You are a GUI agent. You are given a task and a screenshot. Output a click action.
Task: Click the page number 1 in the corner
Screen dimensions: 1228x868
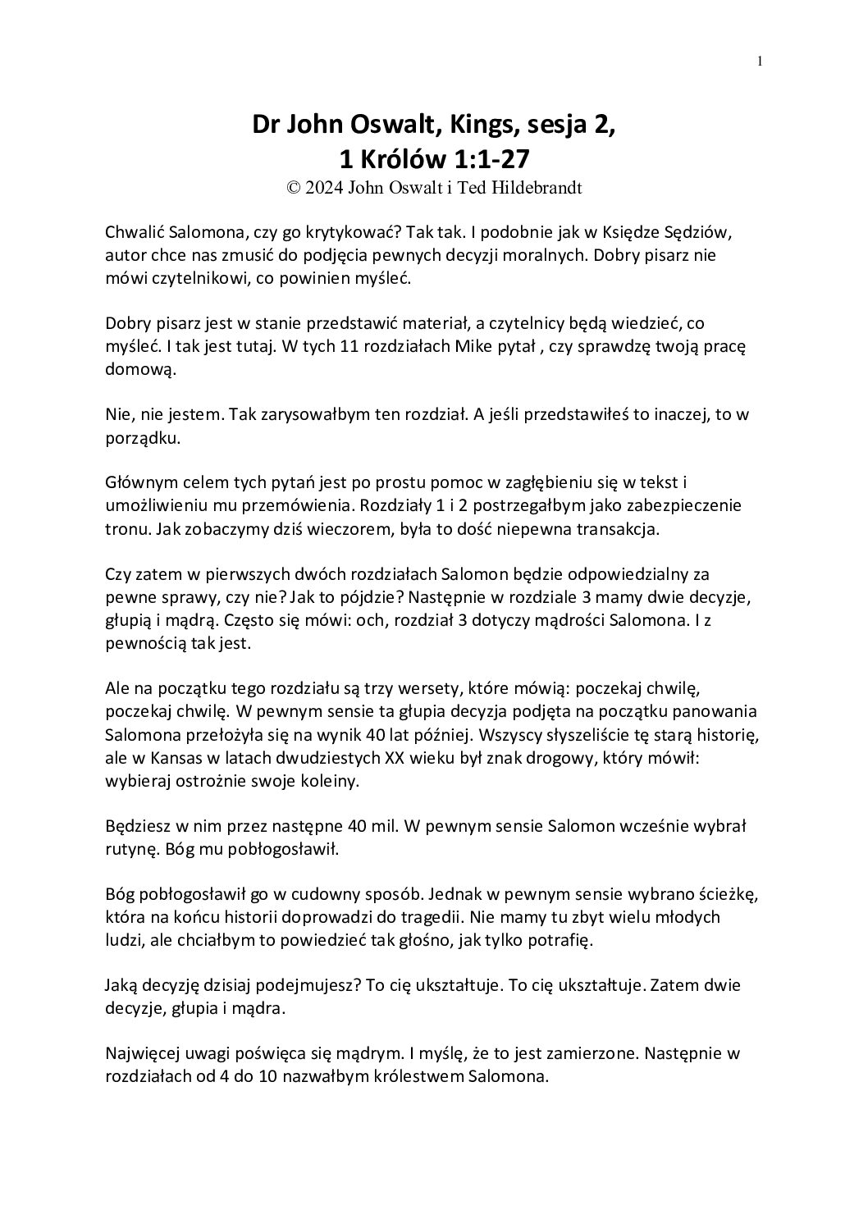[761, 60]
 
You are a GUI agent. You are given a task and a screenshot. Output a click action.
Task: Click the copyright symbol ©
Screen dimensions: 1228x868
[293, 188]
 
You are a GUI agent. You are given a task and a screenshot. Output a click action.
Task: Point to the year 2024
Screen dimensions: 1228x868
[326, 188]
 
